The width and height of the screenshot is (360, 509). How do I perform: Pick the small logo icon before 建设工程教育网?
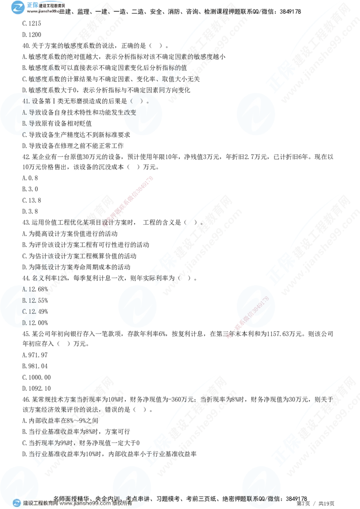click(x=17, y=503)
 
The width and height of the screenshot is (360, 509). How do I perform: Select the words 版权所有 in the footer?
click(x=124, y=503)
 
